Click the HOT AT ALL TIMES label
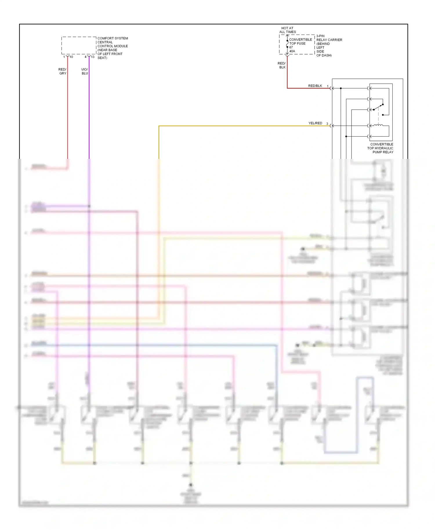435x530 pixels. (287, 30)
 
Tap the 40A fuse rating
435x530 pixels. (292, 51)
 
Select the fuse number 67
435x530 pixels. (291, 47)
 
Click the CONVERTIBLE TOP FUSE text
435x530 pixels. (300, 41)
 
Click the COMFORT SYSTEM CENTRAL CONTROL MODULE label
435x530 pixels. (113, 48)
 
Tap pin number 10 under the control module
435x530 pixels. (71, 57)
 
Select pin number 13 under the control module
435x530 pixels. (93, 57)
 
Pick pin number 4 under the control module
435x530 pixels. (86, 57)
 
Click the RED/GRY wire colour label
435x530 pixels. (63, 72)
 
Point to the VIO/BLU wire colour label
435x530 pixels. (85, 72)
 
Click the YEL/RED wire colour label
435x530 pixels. (315, 123)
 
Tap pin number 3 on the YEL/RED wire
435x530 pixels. (327, 124)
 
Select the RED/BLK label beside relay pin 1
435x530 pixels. (315, 86)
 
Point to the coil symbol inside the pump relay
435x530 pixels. (378, 125)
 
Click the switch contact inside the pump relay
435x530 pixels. (378, 107)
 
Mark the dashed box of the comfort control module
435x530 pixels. (79, 46)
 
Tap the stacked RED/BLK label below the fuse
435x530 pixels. (282, 65)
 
